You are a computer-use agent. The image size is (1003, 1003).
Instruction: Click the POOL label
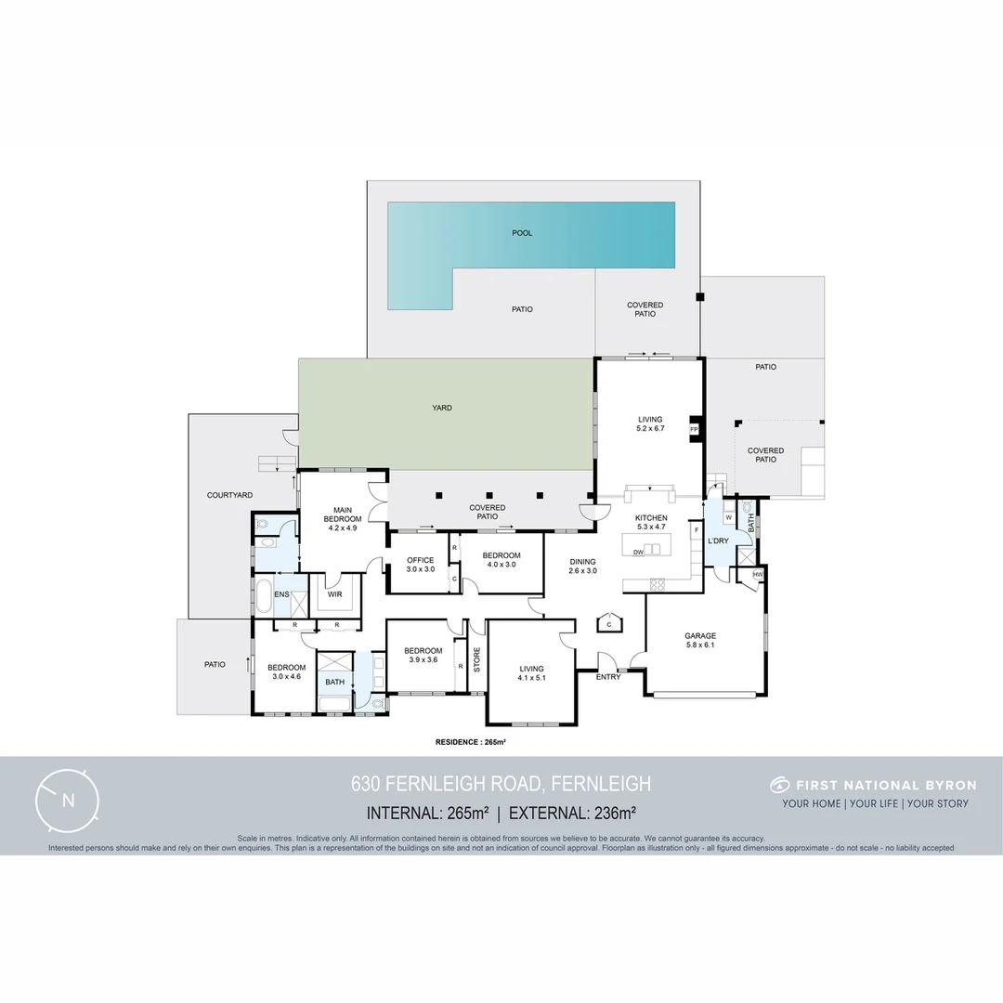(x=522, y=233)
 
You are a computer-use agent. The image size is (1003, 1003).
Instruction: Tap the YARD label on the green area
(x=442, y=408)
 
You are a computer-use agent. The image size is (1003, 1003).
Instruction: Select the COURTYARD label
(x=229, y=495)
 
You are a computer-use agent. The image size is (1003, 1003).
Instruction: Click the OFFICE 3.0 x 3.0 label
(x=421, y=565)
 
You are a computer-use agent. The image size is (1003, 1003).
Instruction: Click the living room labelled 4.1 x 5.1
(x=531, y=673)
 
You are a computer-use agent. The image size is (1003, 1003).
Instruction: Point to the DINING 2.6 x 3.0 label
(x=583, y=567)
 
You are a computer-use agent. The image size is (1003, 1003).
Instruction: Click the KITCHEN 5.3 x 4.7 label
(x=650, y=523)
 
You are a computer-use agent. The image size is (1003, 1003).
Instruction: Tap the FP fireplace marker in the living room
(x=694, y=429)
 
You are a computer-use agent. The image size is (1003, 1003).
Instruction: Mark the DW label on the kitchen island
(x=638, y=552)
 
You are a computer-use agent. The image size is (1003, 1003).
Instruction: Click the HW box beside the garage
(x=759, y=575)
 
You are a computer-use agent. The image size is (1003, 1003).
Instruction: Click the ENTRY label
(x=608, y=677)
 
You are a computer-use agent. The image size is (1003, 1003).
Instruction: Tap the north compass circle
(x=68, y=801)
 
